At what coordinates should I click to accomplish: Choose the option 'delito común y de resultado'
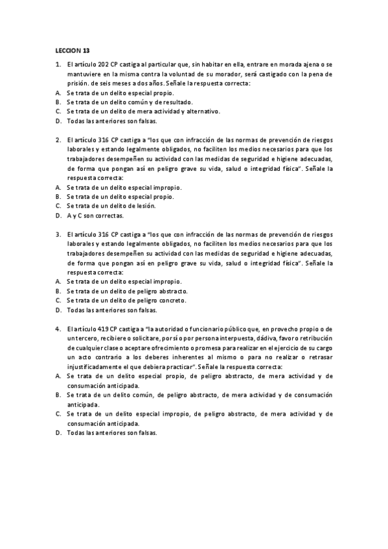tap(123, 102)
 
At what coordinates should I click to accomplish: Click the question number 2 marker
tap(57, 140)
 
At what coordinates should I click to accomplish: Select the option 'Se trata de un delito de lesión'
tap(110, 206)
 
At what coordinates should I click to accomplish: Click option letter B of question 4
tap(58, 394)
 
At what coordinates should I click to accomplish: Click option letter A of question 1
tap(58, 93)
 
